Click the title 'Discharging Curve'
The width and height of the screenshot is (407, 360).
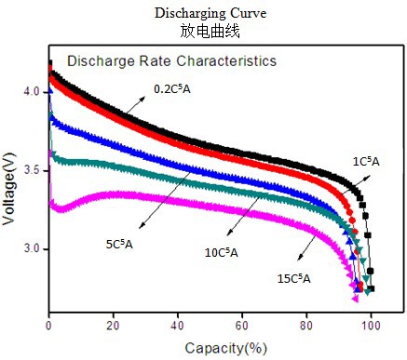click(x=203, y=13)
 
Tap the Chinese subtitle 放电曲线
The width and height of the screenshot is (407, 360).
click(x=203, y=30)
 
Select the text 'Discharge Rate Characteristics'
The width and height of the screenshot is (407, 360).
click(x=170, y=61)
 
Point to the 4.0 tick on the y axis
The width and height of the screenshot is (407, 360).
click(x=32, y=92)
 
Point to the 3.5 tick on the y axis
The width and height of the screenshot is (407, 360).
click(x=32, y=171)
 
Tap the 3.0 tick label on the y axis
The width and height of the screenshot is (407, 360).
click(x=32, y=249)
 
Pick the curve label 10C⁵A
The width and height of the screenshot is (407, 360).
click(x=221, y=251)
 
